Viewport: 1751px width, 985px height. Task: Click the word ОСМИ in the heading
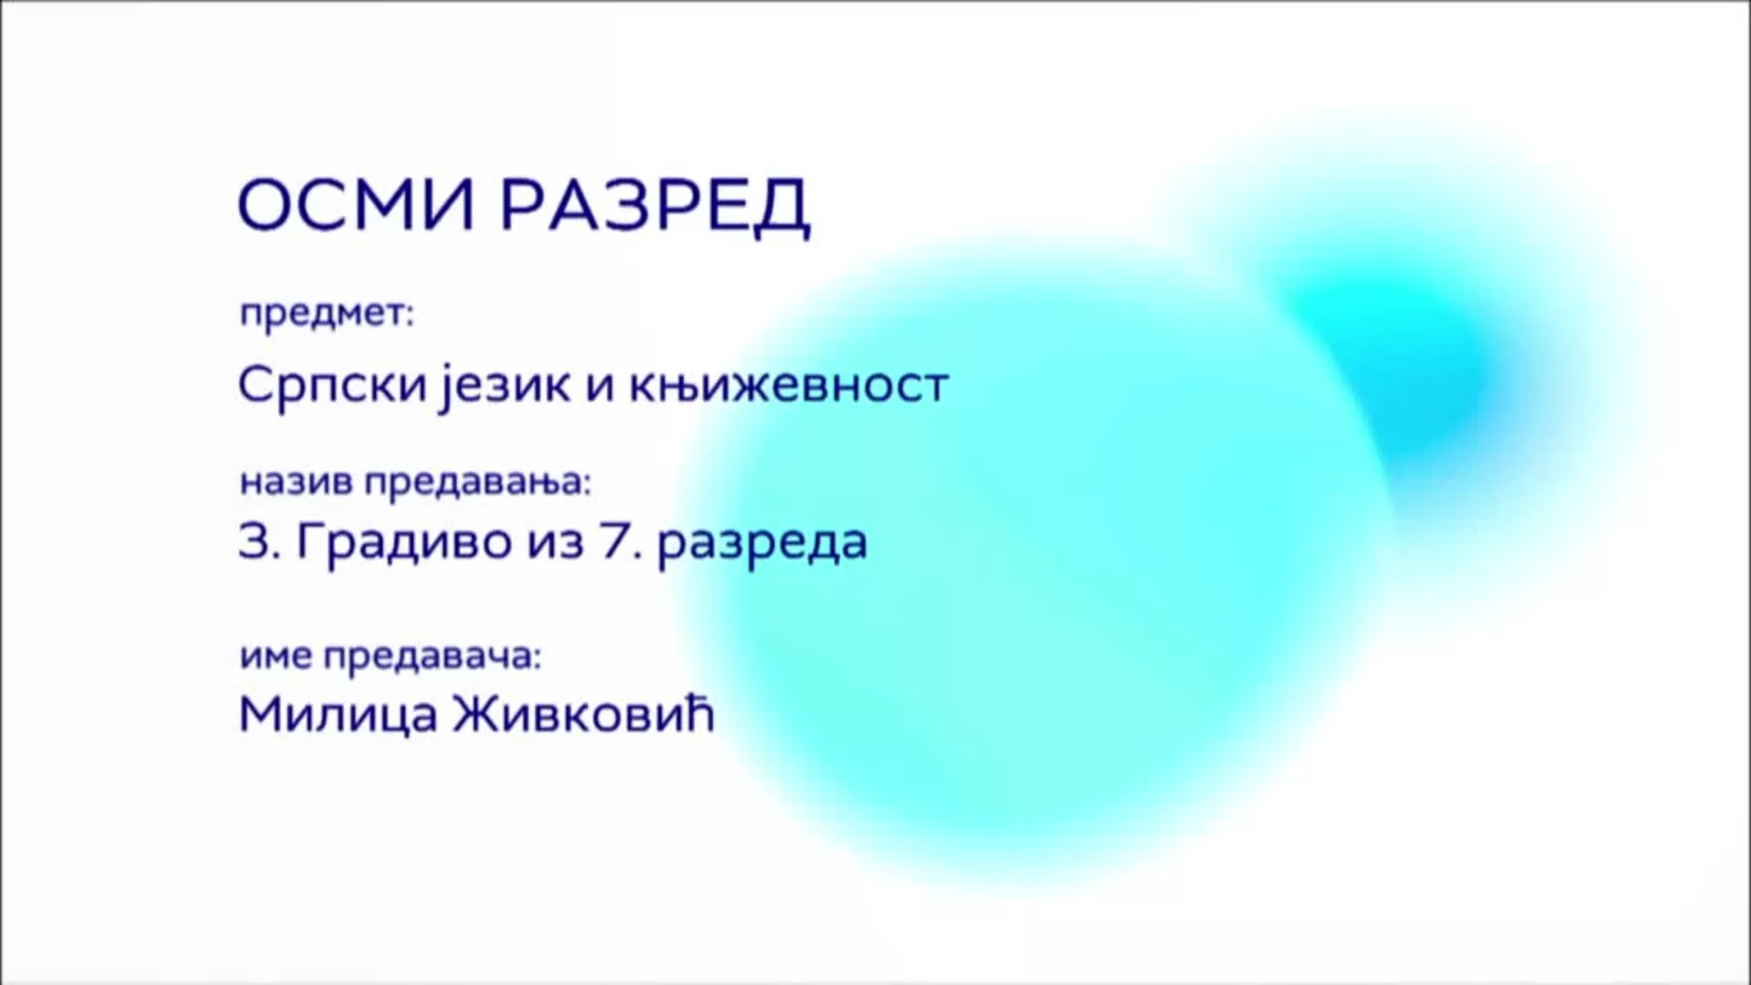[356, 206]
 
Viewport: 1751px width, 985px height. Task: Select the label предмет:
[326, 315]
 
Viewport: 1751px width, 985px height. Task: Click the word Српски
[332, 385]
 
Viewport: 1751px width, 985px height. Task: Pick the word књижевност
[789, 385]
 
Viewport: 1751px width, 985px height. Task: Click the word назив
[295, 482]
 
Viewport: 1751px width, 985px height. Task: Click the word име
[276, 656]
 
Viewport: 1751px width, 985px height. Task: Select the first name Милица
[337, 715]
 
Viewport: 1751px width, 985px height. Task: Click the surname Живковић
[583, 715]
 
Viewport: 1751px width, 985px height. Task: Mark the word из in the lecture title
[555, 542]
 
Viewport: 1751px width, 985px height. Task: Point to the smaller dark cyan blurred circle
[1395, 365]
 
